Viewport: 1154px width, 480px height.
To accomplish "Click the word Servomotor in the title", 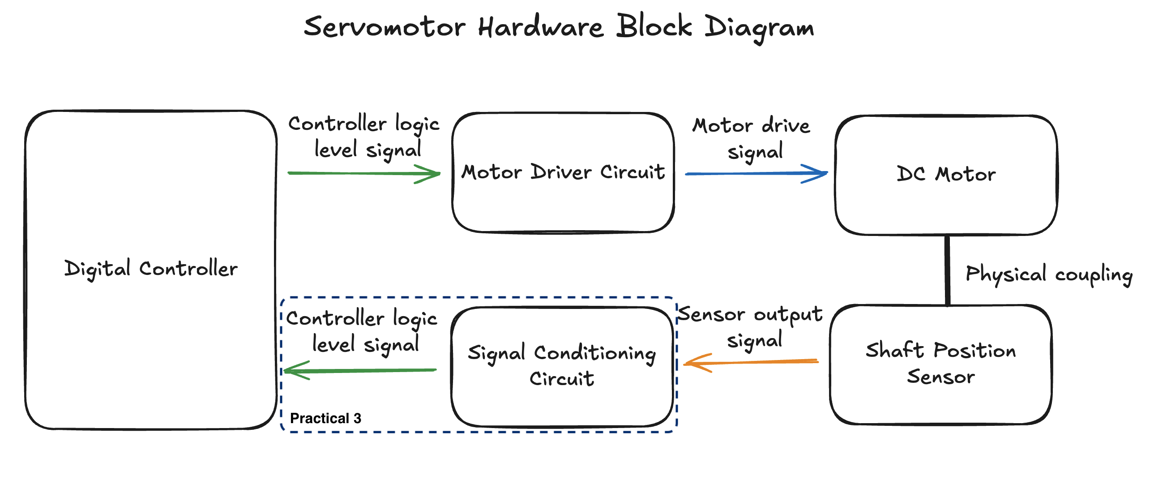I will tap(385, 27).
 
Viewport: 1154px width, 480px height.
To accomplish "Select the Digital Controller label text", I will tap(151, 269).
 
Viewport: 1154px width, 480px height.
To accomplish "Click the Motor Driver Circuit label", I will tap(563, 172).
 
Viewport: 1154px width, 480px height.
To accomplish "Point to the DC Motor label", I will tap(946, 174).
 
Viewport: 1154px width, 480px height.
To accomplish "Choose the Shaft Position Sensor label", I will tap(940, 364).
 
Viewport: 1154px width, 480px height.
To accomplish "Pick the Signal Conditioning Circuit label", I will tap(562, 365).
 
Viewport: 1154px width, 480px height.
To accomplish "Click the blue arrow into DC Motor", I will tap(752, 173).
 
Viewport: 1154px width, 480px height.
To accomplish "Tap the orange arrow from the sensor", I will tap(752, 362).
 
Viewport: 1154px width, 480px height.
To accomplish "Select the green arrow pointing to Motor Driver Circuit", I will tap(359, 173).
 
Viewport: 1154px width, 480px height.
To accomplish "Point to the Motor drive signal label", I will tap(752, 138).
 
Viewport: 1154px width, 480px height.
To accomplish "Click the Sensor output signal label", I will tap(751, 327).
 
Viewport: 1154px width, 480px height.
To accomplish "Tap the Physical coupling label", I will tap(1048, 274).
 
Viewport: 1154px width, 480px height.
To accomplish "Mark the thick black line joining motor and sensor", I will tap(947, 270).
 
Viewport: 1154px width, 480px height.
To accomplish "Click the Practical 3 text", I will tap(325, 419).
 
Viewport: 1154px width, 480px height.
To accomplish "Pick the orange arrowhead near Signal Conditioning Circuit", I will tap(694, 363).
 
